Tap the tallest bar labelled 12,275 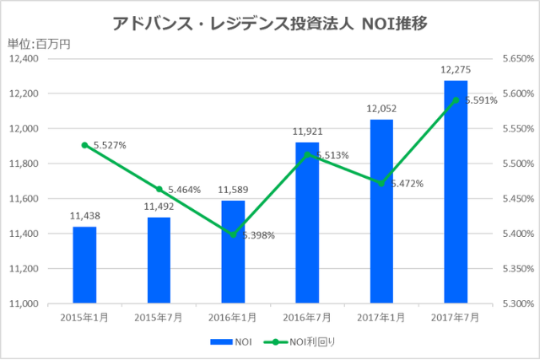pyautogui.click(x=456, y=191)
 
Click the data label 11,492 pyautogui.click(x=159, y=206)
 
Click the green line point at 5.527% pyautogui.click(x=84, y=145)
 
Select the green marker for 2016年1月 pyautogui.click(x=233, y=234)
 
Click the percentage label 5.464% pyautogui.click(x=183, y=190)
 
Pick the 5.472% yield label pyautogui.click(x=406, y=183)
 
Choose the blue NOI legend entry pyautogui.click(x=233, y=341)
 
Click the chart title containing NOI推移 pyautogui.click(x=270, y=23)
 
